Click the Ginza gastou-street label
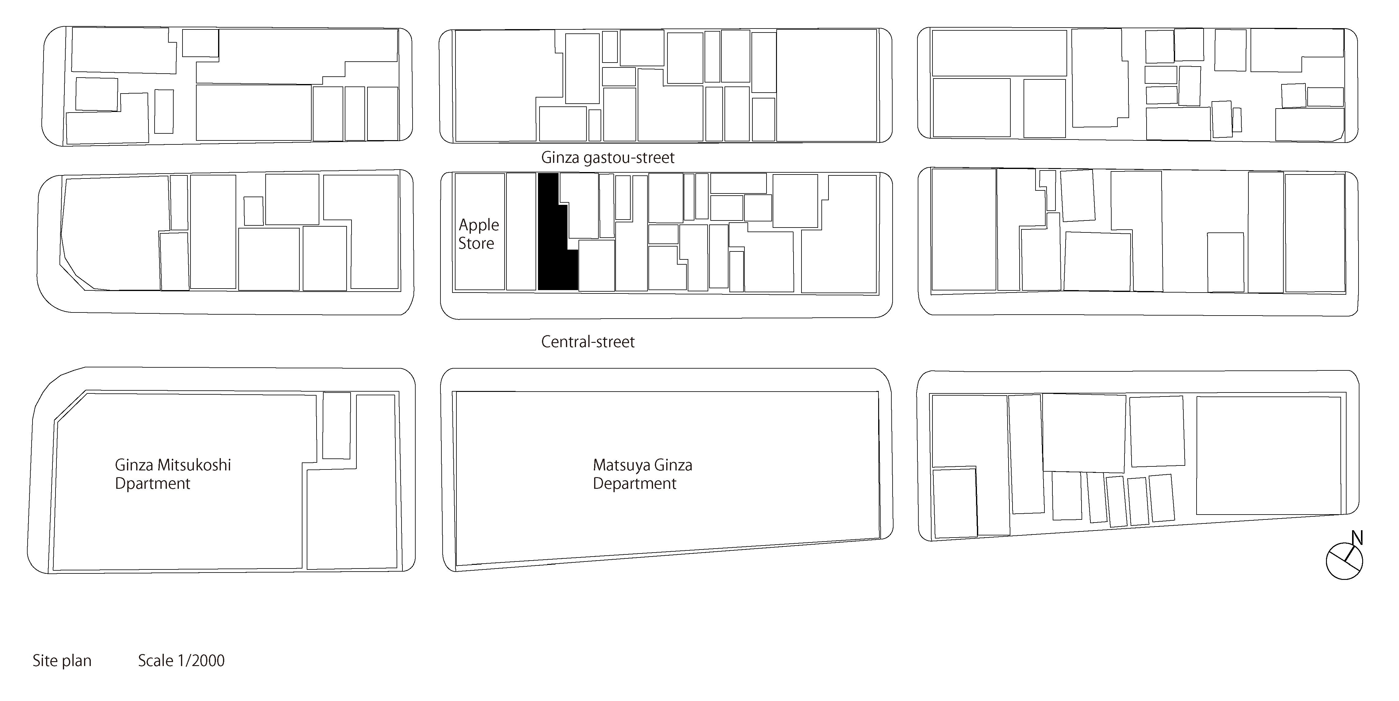click(608, 158)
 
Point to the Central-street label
click(588, 342)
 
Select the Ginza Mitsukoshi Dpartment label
click(173, 474)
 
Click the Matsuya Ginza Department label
click(643, 474)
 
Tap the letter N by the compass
click(1357, 538)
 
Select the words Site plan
click(62, 661)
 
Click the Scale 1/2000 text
click(181, 661)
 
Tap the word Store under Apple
click(476, 243)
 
